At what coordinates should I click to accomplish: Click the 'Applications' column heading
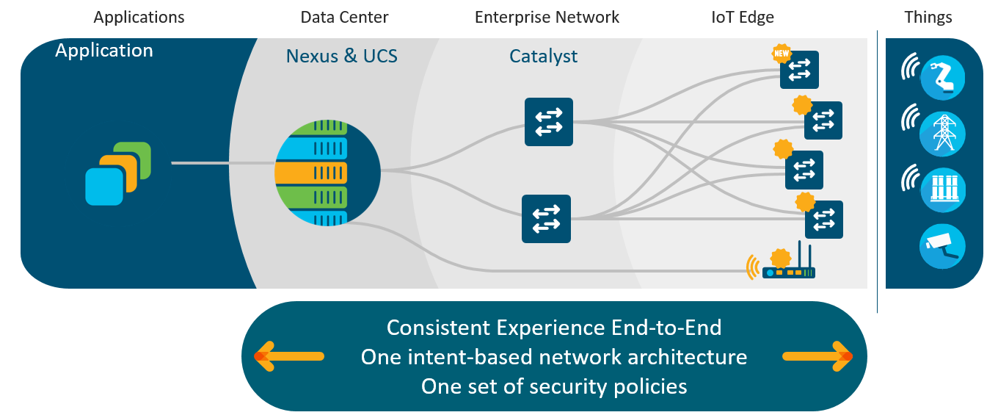tap(139, 18)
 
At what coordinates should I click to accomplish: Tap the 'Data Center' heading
tap(344, 18)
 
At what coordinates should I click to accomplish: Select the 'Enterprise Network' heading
tap(547, 18)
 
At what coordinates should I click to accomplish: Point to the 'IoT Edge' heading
tap(743, 18)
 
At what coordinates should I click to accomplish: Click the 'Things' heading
tap(928, 18)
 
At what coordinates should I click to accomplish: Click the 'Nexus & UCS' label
tap(342, 56)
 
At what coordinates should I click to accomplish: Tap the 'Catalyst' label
tap(543, 57)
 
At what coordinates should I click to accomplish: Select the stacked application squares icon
tap(118, 173)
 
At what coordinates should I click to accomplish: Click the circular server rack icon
tap(327, 173)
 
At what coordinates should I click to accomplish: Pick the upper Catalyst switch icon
tap(548, 122)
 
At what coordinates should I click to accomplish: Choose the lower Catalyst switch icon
tap(546, 219)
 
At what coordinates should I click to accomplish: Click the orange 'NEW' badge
tap(782, 54)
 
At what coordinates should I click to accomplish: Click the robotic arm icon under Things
tap(943, 78)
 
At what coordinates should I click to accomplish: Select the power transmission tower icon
tap(943, 134)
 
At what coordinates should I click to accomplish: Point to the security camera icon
tap(943, 247)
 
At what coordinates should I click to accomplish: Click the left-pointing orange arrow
tap(288, 356)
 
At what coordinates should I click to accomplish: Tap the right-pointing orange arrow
tap(817, 356)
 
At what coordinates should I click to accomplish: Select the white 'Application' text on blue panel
tap(103, 51)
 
